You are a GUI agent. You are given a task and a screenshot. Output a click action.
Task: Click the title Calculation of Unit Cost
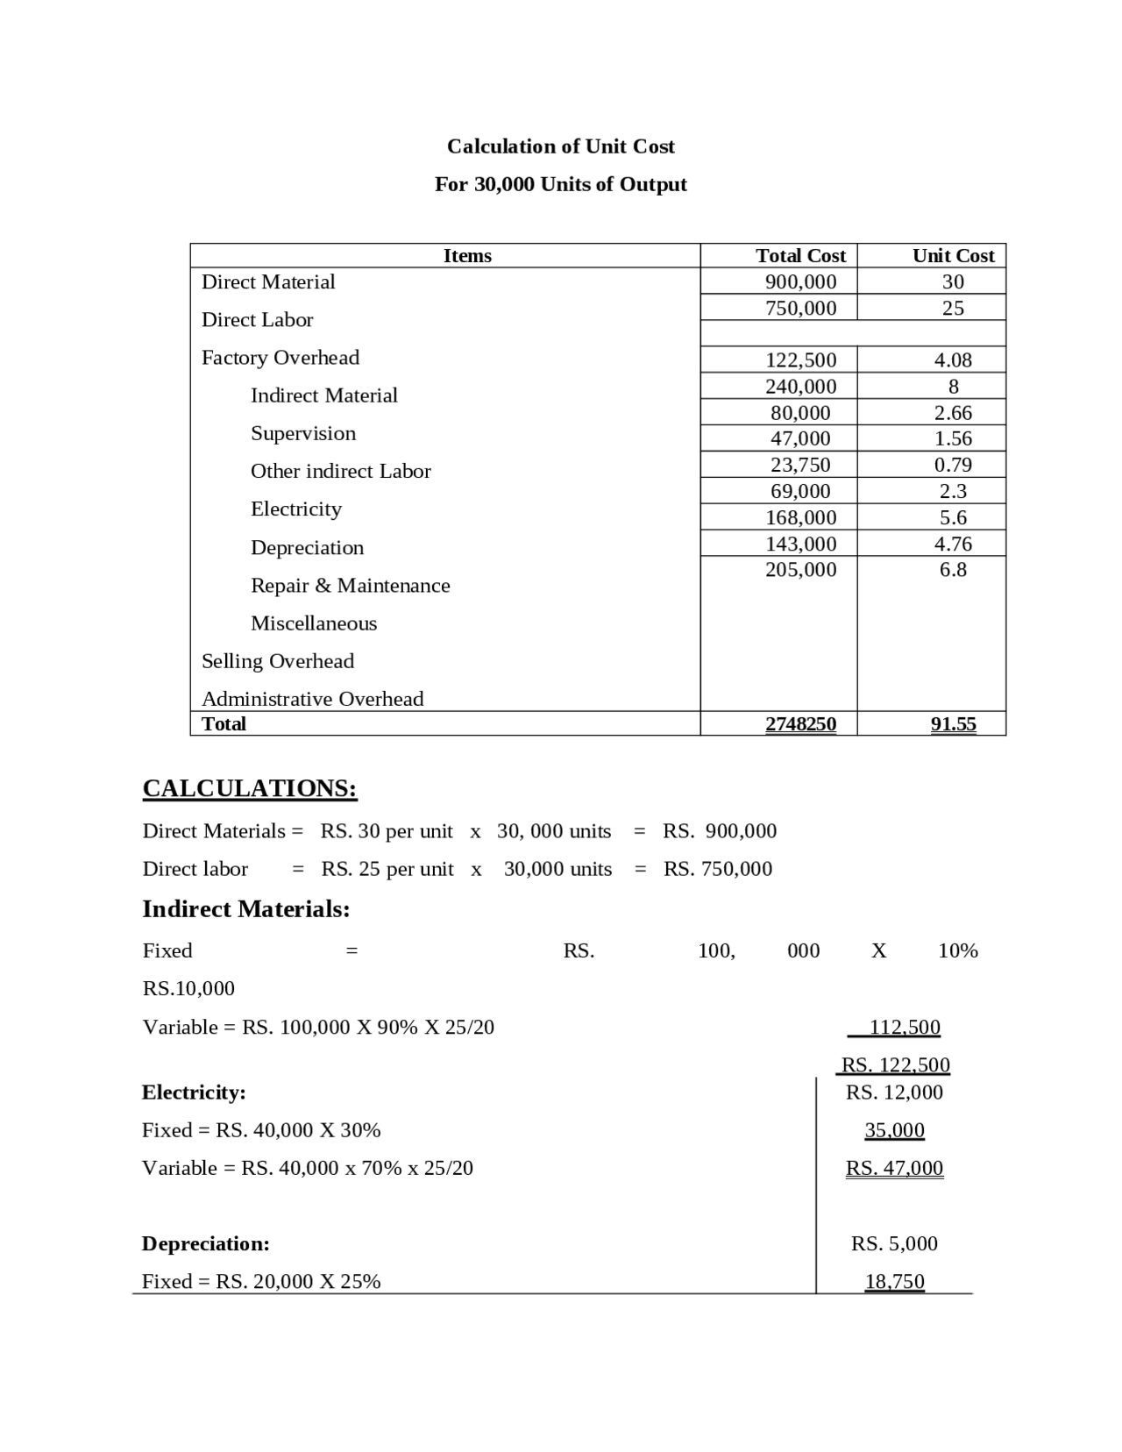[560, 146]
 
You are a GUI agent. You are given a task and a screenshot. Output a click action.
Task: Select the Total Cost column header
[800, 256]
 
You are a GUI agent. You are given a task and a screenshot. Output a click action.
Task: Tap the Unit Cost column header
[953, 256]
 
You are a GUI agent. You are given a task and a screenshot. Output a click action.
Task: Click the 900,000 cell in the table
[800, 281]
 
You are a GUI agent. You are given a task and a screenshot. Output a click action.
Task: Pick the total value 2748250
[800, 724]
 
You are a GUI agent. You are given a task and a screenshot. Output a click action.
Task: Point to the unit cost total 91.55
[953, 724]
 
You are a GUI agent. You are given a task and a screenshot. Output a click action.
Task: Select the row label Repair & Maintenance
[350, 586]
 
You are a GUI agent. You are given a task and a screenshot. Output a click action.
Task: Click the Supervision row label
[303, 434]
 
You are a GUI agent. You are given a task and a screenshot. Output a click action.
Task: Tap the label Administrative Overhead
[312, 699]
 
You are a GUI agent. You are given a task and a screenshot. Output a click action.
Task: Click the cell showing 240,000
[800, 387]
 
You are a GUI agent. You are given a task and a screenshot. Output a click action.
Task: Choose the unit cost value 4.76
[953, 544]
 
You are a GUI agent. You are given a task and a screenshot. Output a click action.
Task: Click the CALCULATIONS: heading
[250, 788]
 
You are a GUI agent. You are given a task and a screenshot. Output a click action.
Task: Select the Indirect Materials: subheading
[245, 909]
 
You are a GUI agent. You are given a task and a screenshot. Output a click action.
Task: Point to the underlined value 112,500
[905, 1028]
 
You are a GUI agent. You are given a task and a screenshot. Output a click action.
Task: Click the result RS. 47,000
[894, 1169]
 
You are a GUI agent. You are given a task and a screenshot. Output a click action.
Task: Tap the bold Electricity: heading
[194, 1093]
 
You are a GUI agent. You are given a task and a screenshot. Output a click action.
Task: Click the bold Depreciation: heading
[205, 1244]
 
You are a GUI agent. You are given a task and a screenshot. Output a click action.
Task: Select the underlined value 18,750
[894, 1282]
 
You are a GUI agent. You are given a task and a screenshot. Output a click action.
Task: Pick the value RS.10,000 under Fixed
[188, 989]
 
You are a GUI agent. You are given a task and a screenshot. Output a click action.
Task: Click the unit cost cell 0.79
[953, 465]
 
